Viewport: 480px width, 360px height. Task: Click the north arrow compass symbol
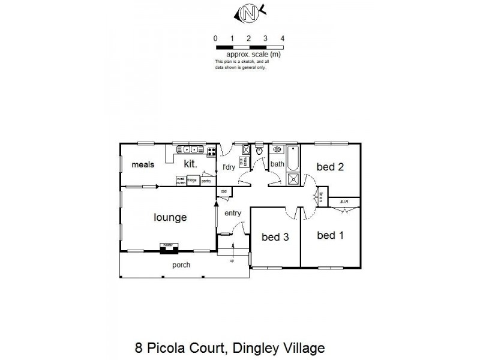250,11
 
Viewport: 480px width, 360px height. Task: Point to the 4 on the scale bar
282,38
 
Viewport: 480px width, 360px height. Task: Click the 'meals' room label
143,164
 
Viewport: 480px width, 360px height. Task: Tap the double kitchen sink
191,149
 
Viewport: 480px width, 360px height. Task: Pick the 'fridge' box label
192,179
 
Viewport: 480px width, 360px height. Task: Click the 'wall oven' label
180,180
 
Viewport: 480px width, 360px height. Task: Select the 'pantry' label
206,180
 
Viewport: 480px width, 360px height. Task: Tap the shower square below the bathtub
293,178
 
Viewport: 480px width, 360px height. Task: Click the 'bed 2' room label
331,167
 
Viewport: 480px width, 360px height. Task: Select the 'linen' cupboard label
322,196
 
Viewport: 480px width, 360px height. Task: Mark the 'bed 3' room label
275,237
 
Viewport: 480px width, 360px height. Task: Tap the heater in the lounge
167,245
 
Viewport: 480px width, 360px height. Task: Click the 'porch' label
182,265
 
